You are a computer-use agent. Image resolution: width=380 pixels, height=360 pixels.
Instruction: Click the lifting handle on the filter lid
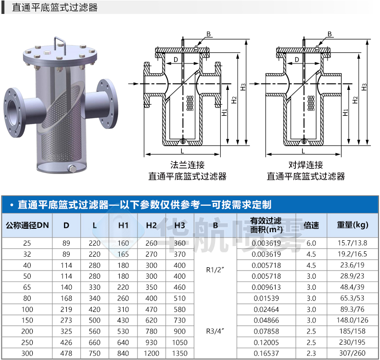[60, 39]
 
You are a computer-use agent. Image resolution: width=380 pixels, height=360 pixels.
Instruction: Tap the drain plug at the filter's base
[72, 169]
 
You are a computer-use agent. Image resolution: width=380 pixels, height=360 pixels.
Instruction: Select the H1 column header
[123, 225]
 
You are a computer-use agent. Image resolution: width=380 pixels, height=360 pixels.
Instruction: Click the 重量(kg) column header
[353, 225]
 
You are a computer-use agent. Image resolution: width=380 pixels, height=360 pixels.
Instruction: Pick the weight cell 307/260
[353, 353]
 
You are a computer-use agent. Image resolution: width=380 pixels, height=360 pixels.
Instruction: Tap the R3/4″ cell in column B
[215, 331]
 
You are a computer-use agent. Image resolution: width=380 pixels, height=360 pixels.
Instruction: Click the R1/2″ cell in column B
[215, 270]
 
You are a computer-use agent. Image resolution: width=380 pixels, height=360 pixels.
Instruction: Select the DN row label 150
[27, 320]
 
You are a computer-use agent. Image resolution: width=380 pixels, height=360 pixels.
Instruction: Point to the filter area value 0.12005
[266, 343]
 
